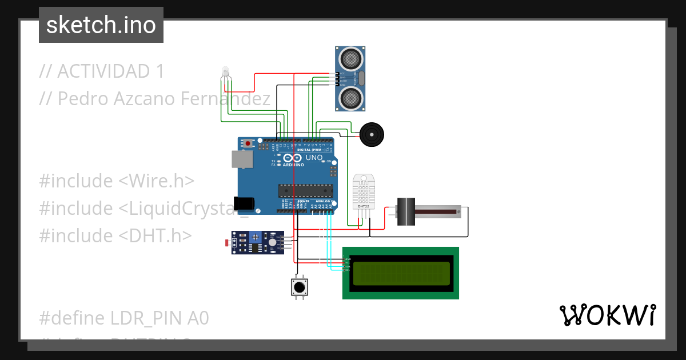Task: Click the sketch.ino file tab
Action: click(101, 25)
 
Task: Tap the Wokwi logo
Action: click(607, 315)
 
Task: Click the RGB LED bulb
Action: click(225, 71)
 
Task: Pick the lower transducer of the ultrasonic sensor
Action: click(349, 99)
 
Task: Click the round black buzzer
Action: click(372, 135)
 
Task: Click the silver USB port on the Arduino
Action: click(241, 159)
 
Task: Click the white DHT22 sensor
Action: click(363, 191)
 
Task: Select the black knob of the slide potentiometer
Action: click(405, 211)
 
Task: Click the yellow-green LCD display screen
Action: click(401, 273)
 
